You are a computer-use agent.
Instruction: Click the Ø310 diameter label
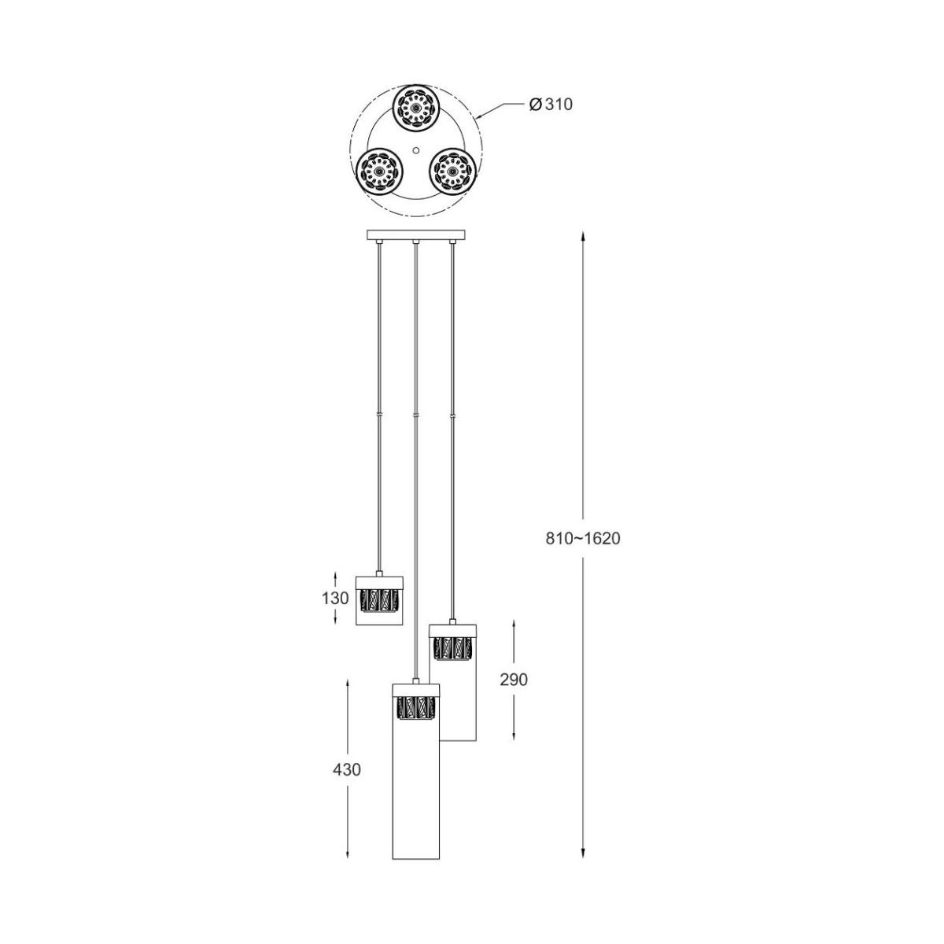(551, 104)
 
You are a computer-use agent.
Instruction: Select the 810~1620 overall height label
(582, 539)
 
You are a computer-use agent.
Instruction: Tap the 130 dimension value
(335, 598)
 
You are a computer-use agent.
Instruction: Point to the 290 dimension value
(514, 680)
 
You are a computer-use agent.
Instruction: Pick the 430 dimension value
(347, 769)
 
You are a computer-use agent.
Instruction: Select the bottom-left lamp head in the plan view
(378, 171)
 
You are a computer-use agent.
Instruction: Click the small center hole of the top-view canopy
(415, 150)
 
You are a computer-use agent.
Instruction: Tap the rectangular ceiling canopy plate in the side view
(416, 234)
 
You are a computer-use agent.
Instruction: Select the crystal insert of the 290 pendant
(452, 648)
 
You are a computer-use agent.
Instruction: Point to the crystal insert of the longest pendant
(416, 708)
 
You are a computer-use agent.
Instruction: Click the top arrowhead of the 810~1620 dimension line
(582, 236)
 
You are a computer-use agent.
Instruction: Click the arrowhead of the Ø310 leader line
(479, 116)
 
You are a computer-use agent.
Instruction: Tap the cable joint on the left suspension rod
(379, 415)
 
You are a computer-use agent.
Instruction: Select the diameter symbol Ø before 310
(536, 105)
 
